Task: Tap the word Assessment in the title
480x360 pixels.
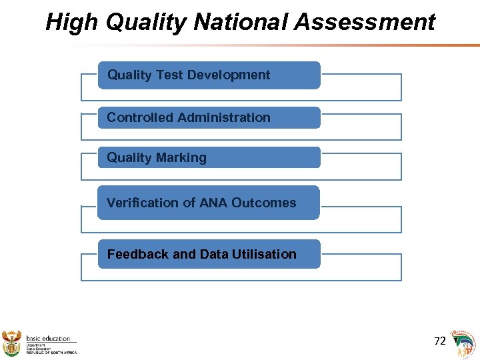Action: coord(365,23)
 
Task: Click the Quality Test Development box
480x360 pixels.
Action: coord(209,75)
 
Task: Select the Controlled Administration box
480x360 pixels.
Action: coord(209,118)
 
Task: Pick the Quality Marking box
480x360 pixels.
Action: coord(209,158)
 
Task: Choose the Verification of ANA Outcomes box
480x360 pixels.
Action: coord(209,203)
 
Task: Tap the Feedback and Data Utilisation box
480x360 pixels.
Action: coord(209,254)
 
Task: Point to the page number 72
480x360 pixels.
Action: coord(439,341)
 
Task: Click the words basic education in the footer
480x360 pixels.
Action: coord(48,339)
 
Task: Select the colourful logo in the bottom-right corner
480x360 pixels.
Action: coord(465,343)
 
